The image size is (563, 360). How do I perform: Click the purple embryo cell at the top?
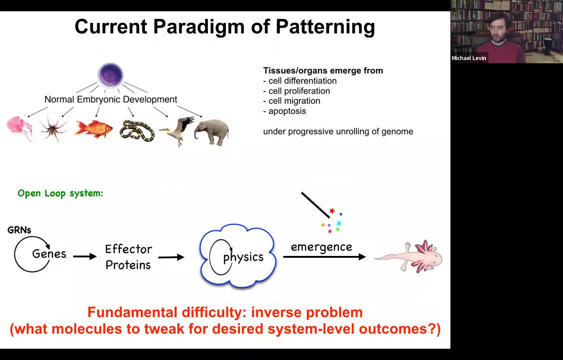[x=110, y=75]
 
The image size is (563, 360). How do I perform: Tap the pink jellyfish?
[x=19, y=128]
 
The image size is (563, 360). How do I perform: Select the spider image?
[x=53, y=128]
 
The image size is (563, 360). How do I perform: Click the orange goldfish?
[x=93, y=128]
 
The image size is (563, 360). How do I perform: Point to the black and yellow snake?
[x=137, y=130]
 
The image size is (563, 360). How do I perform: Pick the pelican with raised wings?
[x=177, y=130]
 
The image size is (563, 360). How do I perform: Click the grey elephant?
[x=211, y=131]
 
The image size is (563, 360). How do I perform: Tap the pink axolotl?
[x=409, y=256]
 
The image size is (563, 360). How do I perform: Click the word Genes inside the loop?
[x=49, y=254]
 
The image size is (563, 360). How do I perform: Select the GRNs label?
[x=19, y=230]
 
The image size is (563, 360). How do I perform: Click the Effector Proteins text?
[x=128, y=257]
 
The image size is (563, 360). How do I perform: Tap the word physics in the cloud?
[x=243, y=257]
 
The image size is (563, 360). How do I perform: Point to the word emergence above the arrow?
[x=321, y=247]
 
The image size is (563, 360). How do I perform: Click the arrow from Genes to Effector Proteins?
[x=84, y=256]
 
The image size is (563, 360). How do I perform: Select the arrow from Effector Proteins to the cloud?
[x=171, y=257]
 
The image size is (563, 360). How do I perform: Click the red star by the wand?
[x=332, y=210]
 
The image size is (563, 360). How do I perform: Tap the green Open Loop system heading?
[x=60, y=193]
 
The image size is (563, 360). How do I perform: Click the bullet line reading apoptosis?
[x=284, y=111]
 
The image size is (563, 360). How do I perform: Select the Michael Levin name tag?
[x=469, y=58]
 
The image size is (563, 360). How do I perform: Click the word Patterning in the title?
[x=325, y=27]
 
